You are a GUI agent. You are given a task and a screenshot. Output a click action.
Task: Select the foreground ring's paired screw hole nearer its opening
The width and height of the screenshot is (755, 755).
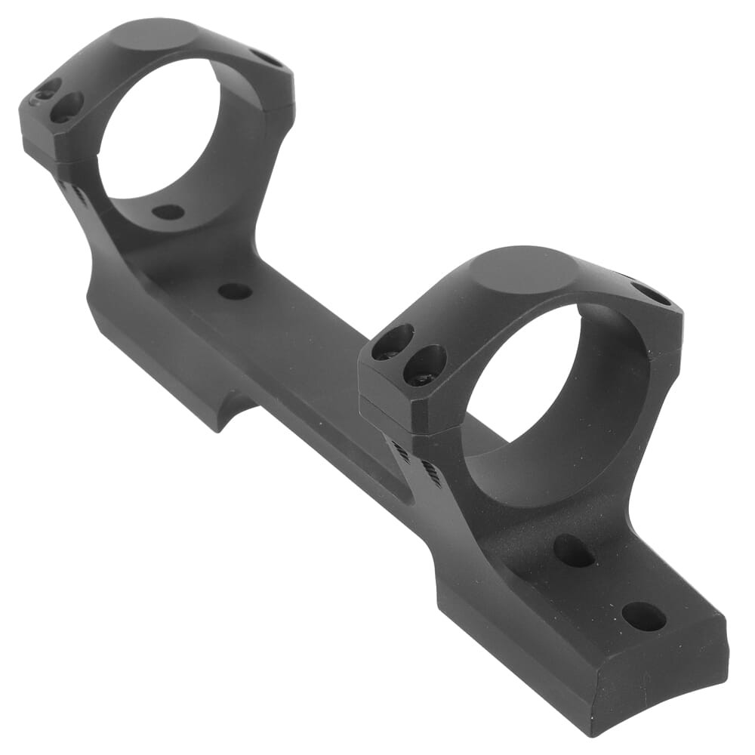point(425,365)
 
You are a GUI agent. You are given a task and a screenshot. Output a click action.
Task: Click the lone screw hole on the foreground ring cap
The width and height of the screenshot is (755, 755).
point(650,293)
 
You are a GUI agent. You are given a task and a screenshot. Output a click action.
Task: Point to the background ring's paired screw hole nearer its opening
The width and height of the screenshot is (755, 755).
point(67,106)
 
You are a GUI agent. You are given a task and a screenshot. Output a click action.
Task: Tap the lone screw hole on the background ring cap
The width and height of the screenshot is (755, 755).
point(267,57)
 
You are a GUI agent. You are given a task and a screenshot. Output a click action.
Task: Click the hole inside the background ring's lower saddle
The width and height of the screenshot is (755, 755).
point(168,212)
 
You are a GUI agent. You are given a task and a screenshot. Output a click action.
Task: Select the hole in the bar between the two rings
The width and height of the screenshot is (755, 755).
point(235,291)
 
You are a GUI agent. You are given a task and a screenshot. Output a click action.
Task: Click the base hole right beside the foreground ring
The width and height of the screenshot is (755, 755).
point(573,550)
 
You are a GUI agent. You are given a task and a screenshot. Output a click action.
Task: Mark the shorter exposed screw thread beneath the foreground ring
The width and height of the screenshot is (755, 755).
point(401,452)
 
